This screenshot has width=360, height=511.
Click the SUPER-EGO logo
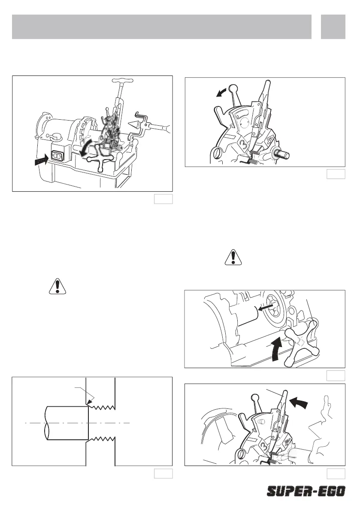[x=306, y=491]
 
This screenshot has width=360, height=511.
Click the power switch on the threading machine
[x=57, y=156]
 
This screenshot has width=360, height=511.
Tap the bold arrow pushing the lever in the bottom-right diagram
[x=299, y=403]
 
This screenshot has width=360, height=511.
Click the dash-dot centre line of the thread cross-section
[x=77, y=423]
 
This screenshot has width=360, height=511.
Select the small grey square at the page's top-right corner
[x=333, y=27]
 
